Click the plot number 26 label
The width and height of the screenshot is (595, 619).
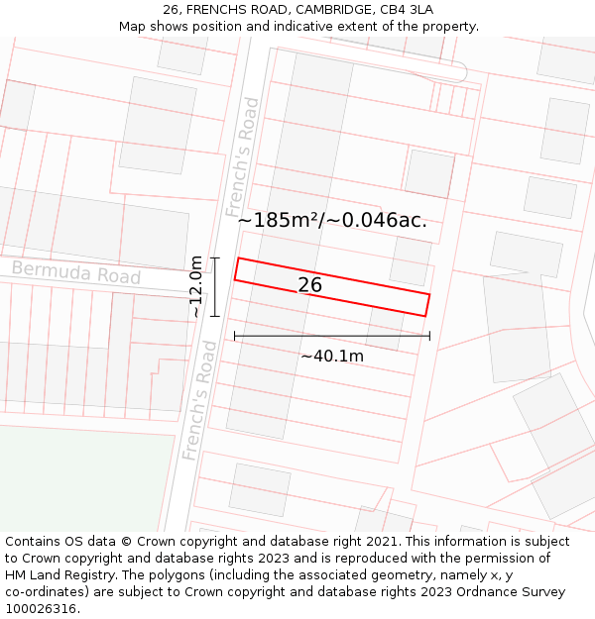tap(309, 285)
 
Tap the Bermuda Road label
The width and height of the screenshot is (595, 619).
tap(76, 272)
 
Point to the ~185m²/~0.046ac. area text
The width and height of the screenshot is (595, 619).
tap(332, 220)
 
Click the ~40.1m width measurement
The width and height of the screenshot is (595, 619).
tap(332, 356)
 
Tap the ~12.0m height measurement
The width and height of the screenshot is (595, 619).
tap(196, 286)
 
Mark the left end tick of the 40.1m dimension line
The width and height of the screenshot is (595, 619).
tap(235, 336)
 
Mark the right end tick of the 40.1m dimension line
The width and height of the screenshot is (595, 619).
tap(429, 336)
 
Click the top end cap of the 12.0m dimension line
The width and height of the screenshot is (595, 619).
tap(215, 258)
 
